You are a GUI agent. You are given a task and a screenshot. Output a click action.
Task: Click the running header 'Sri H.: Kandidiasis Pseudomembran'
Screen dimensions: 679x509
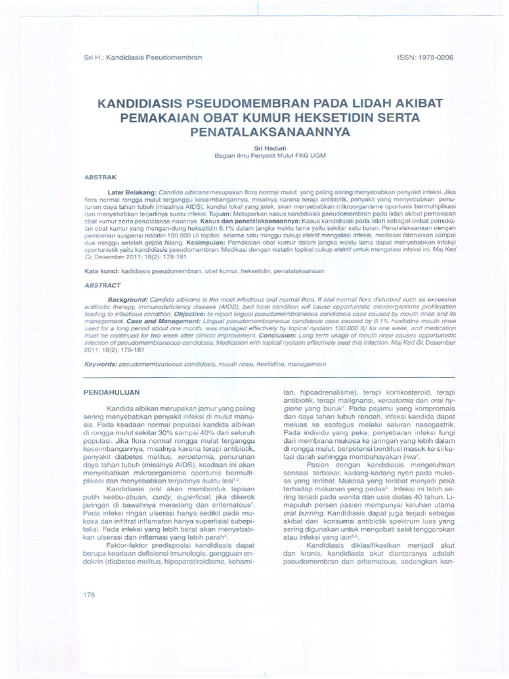(x=141, y=58)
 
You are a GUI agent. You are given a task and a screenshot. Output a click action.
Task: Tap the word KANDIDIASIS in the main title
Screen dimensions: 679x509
(x=143, y=104)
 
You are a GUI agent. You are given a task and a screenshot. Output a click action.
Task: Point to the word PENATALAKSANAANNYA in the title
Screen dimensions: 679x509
(x=254, y=131)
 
